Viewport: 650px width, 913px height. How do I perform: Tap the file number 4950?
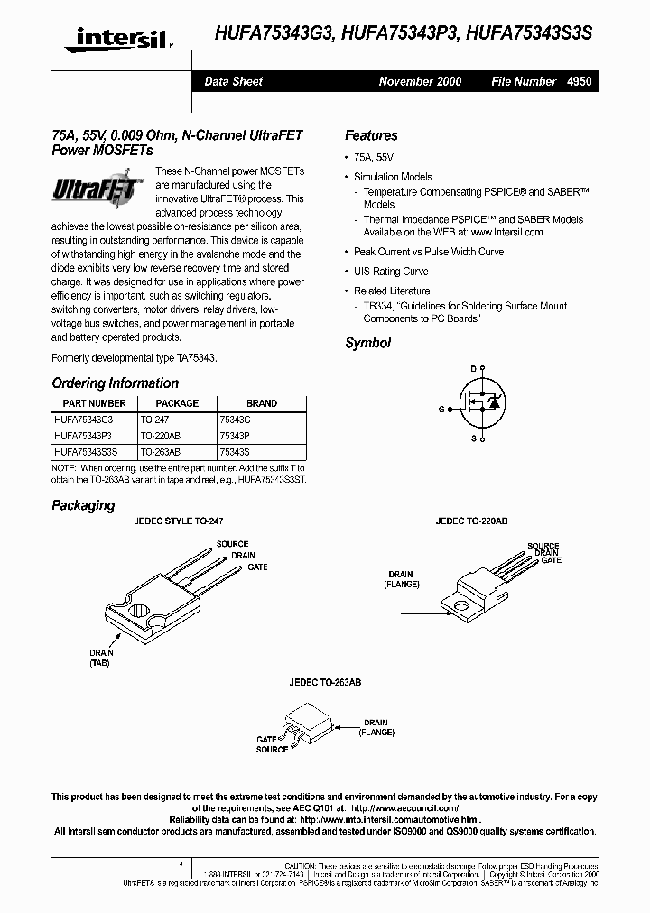tap(579, 81)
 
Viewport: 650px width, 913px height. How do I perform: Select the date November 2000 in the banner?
tap(420, 81)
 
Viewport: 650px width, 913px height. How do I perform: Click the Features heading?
tap(371, 135)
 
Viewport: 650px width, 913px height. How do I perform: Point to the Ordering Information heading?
tap(115, 383)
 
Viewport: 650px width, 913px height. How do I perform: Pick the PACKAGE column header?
tap(177, 403)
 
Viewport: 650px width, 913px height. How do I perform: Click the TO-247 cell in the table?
tap(155, 420)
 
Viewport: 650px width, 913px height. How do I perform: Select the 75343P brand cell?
tap(236, 435)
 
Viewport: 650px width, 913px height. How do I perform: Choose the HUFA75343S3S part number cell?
tap(85, 451)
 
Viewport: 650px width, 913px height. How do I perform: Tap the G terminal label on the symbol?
tap(441, 410)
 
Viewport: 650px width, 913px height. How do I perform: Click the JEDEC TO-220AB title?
tap(471, 521)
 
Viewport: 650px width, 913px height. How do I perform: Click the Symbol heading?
tap(367, 343)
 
